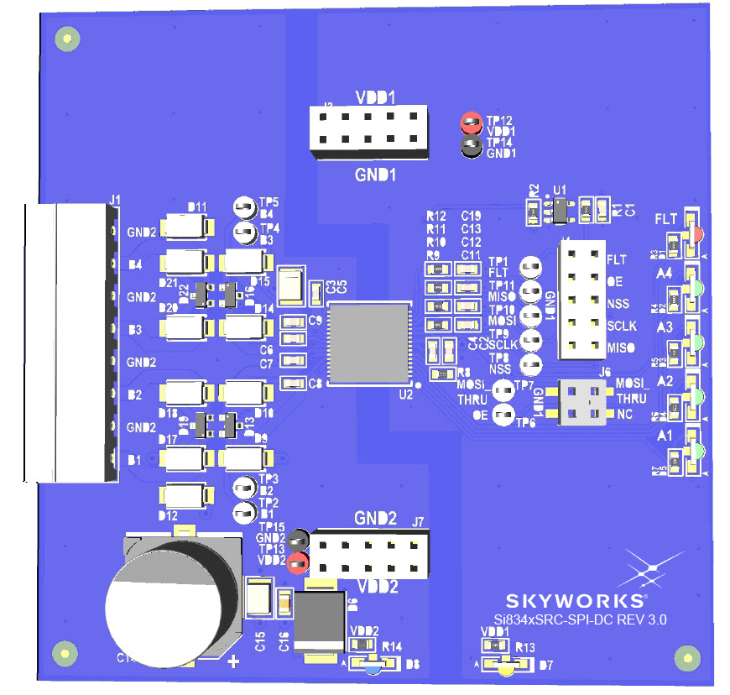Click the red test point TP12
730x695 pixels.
471,124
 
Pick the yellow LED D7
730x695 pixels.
505,668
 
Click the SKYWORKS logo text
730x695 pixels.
576,601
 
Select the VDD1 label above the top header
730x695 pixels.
376,97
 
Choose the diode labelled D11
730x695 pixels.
191,227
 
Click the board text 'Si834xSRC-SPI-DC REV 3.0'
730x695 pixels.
579,621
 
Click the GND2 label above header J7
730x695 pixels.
375,518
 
